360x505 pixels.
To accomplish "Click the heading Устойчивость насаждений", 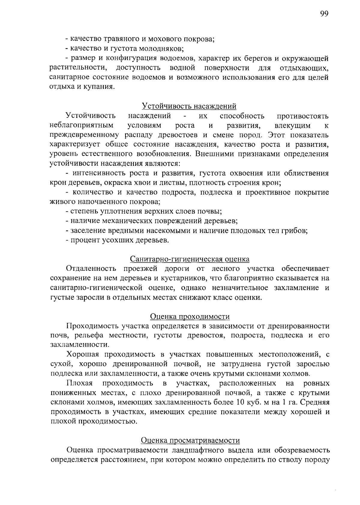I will coord(189,106).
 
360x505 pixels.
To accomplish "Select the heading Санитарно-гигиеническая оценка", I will coord(190,259).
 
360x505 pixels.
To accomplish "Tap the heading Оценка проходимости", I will coord(190,316).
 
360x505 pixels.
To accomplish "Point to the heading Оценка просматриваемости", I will coord(190,440).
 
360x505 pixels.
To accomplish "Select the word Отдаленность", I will coord(91,268).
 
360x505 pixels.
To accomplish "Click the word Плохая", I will coord(79,384).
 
